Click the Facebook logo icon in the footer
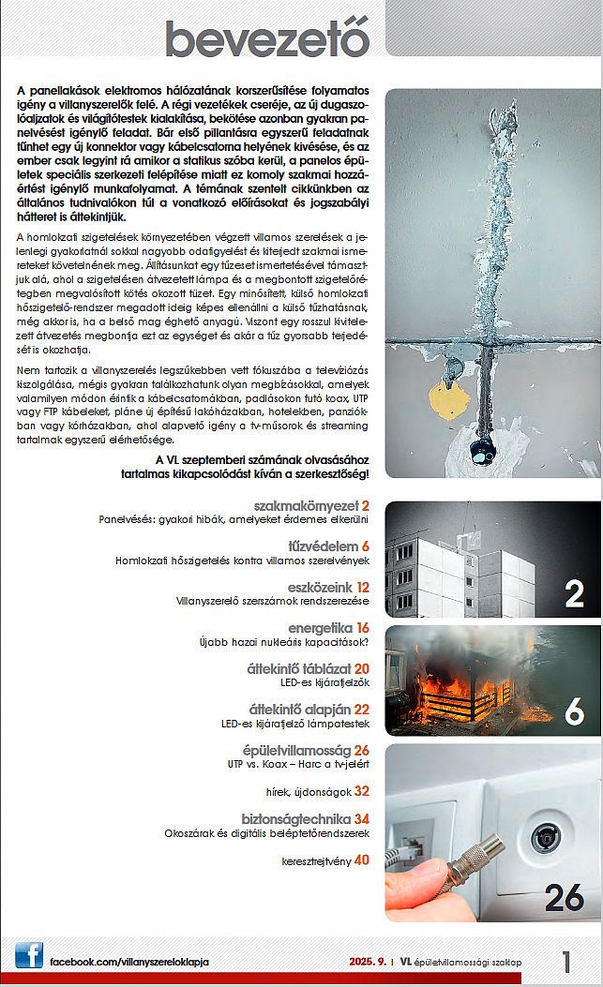(28, 956)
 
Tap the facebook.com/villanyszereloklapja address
(128, 963)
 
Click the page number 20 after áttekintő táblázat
(362, 668)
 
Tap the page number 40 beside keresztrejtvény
(362, 859)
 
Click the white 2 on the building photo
(574, 593)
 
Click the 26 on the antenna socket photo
(565, 897)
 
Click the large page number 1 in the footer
(566, 961)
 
